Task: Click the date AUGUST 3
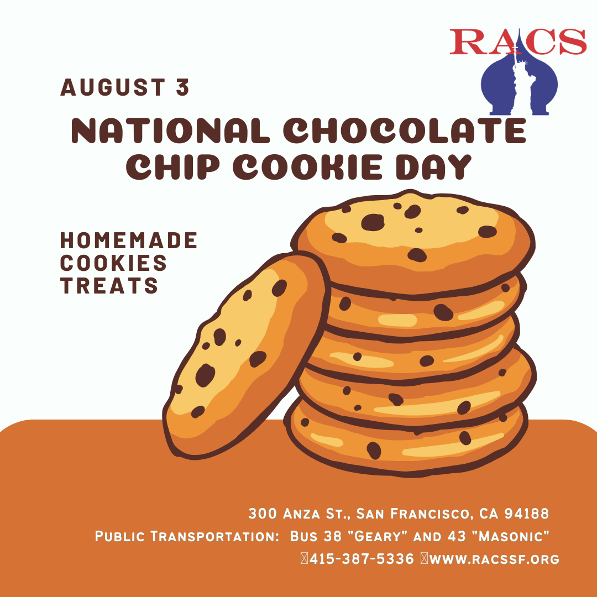pos(124,87)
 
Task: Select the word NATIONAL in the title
pos(170,130)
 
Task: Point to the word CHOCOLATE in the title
pos(405,130)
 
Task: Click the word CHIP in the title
pos(173,167)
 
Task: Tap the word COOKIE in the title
pos(307,167)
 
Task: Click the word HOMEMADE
pos(129,240)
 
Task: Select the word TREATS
pos(109,285)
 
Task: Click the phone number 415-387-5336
pos(362,559)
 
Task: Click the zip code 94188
pos(527,514)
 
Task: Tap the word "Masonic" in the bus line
pos(510,536)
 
